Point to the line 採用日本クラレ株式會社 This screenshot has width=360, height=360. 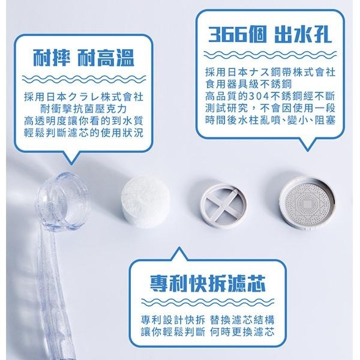[83, 97]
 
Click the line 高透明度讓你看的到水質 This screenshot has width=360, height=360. [83, 121]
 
